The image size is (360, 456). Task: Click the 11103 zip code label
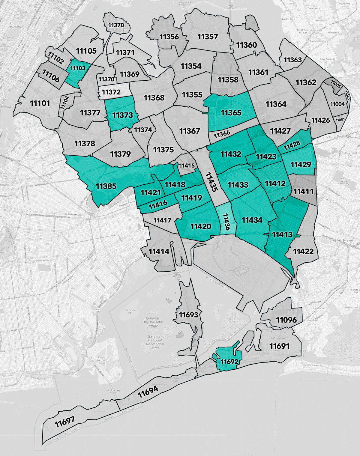pyautogui.click(x=78, y=68)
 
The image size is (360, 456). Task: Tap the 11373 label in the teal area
pyautogui.click(x=122, y=115)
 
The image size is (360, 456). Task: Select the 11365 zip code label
pyautogui.click(x=231, y=113)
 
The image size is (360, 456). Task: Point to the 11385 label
pyautogui.click(x=106, y=186)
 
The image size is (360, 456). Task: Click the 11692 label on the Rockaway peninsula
pyautogui.click(x=229, y=362)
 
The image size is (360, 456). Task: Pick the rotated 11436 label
pyautogui.click(x=226, y=222)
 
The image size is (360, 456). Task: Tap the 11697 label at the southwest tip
pyautogui.click(x=64, y=422)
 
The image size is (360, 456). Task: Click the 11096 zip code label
pyautogui.click(x=286, y=320)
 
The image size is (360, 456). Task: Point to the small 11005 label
pyautogui.click(x=336, y=84)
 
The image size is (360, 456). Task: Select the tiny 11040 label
pyautogui.click(x=347, y=95)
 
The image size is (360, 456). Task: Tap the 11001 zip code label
pyautogui.click(x=340, y=120)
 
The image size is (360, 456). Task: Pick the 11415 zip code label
pyautogui.click(x=187, y=165)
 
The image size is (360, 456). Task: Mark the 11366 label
pyautogui.click(x=222, y=134)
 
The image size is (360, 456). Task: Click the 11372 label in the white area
pyautogui.click(x=111, y=92)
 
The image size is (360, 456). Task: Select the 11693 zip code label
pyautogui.click(x=188, y=315)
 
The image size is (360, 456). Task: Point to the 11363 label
pyautogui.click(x=292, y=60)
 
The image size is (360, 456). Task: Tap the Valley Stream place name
pyautogui.click(x=343, y=240)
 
